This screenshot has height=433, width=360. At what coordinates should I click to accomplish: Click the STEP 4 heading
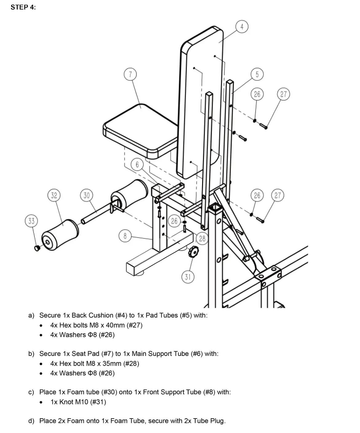(x=23, y=8)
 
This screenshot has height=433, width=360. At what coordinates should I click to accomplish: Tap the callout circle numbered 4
(x=242, y=27)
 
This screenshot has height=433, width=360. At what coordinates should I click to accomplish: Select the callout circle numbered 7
(x=130, y=74)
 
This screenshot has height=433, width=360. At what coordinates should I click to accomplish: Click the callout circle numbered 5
(x=257, y=74)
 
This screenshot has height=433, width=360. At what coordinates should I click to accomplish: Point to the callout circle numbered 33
(x=31, y=221)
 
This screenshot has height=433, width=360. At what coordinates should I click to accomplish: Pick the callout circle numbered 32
(x=54, y=195)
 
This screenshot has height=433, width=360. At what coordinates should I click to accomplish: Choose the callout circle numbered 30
(x=87, y=195)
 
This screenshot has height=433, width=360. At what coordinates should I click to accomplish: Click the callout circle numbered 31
(x=188, y=277)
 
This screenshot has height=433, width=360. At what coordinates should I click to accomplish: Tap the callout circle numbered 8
(x=125, y=236)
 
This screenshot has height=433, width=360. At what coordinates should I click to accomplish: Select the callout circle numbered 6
(x=137, y=165)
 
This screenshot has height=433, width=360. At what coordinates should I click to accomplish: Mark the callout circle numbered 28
(x=202, y=238)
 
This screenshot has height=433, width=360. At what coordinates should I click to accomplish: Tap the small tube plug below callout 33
(x=37, y=248)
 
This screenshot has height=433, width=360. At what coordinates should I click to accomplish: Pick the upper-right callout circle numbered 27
(x=283, y=94)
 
